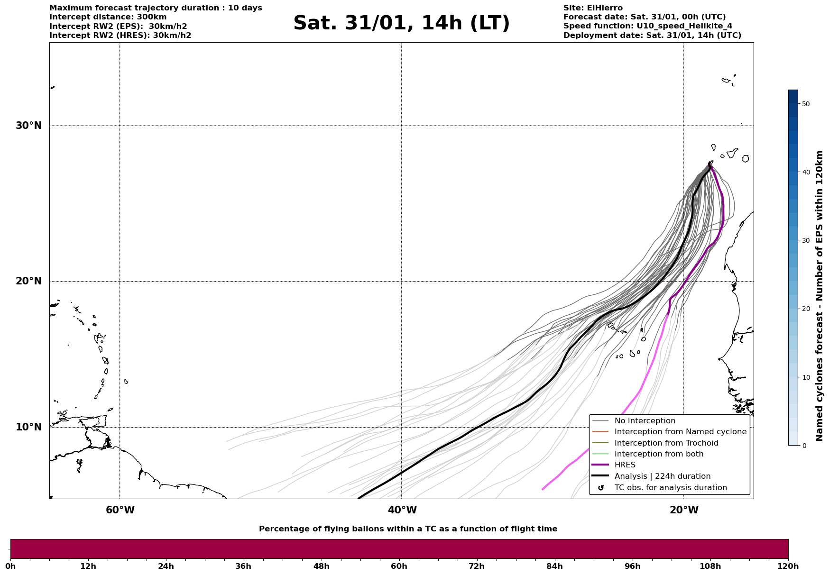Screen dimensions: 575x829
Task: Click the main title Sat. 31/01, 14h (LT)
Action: pyautogui.click(x=401, y=23)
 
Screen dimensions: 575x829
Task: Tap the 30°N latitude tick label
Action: pyautogui.click(x=28, y=126)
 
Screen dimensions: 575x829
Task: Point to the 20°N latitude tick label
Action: pyautogui.click(x=28, y=281)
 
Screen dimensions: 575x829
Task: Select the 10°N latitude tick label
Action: pyautogui.click(x=28, y=427)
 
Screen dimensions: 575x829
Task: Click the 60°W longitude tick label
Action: pyautogui.click(x=120, y=510)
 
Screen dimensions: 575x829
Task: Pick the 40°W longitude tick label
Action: pyautogui.click(x=402, y=510)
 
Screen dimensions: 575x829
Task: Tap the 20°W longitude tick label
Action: pyautogui.click(x=684, y=510)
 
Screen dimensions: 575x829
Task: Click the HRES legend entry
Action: pyautogui.click(x=625, y=465)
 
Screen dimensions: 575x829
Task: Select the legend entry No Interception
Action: pyautogui.click(x=645, y=421)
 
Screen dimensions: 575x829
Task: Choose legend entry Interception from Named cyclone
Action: pyautogui.click(x=680, y=432)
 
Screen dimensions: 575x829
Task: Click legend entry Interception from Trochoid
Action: pyautogui.click(x=666, y=443)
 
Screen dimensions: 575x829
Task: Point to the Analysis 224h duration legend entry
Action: pyautogui.click(x=662, y=476)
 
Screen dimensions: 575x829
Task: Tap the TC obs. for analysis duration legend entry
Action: pyautogui.click(x=670, y=488)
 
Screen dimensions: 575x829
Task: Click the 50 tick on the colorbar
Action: pyautogui.click(x=805, y=104)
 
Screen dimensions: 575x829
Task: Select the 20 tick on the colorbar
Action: pyautogui.click(x=805, y=309)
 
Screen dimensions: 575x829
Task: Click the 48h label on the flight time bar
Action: pyautogui.click(x=321, y=566)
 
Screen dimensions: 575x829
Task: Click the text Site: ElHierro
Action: pyautogui.click(x=593, y=8)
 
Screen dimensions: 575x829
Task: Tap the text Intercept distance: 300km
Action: pyautogui.click(x=108, y=17)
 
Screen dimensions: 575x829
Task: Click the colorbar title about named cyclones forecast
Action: pyautogui.click(x=820, y=296)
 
